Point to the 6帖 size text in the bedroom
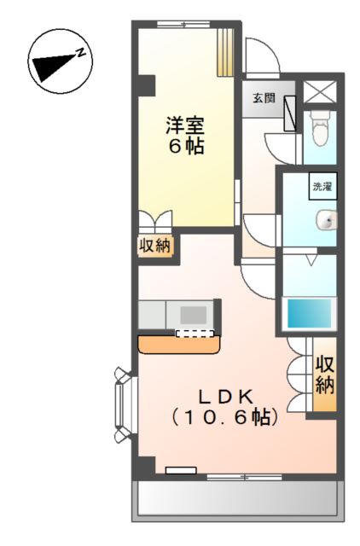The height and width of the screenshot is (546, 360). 185,146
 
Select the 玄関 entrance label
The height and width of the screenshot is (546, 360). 264,98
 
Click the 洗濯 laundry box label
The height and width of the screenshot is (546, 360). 323,187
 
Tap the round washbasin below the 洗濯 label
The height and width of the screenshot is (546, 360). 327,222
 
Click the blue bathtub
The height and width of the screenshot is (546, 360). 310,314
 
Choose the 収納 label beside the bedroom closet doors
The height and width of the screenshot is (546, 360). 155,246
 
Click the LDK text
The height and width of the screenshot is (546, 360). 225,396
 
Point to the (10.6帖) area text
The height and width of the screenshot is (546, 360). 225,418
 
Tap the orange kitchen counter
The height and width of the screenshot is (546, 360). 179,344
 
